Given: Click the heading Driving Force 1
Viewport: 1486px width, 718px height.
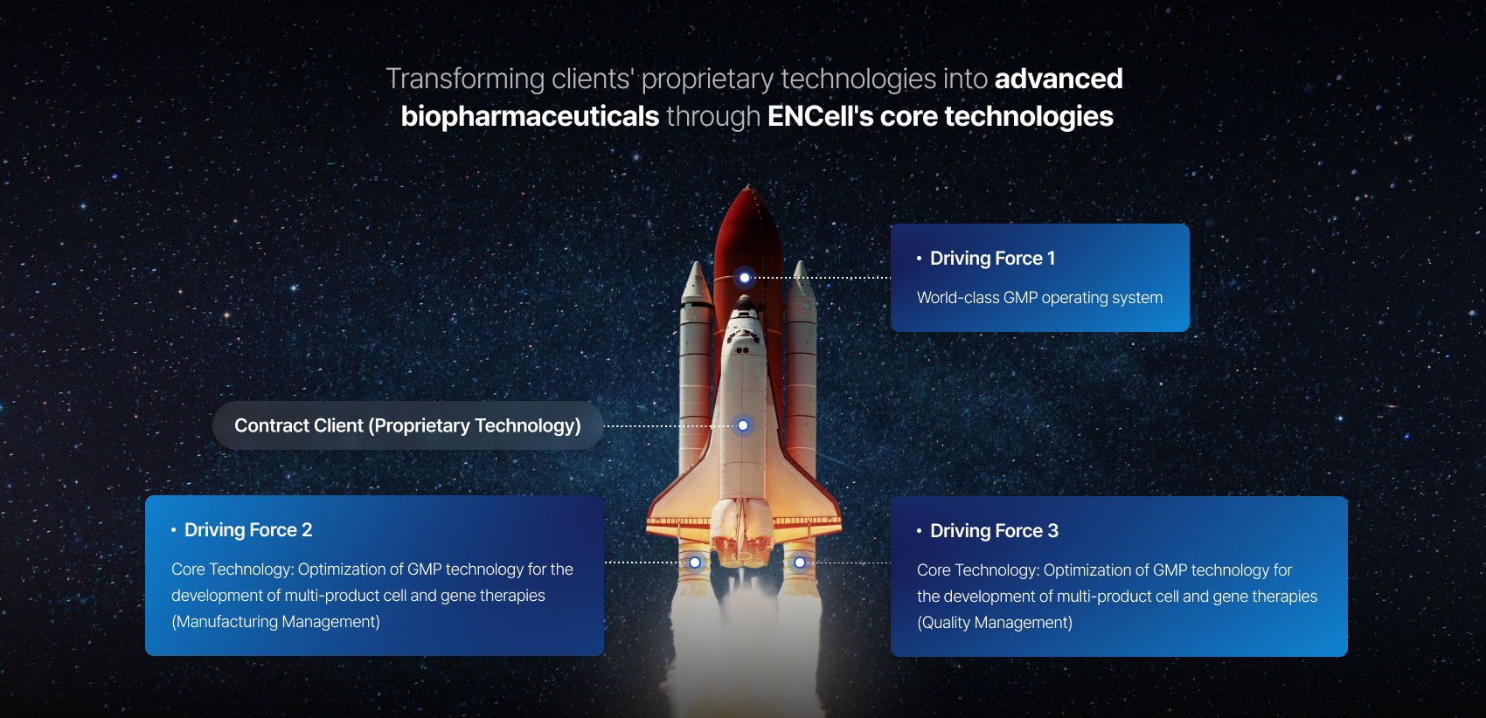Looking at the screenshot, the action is tap(992, 258).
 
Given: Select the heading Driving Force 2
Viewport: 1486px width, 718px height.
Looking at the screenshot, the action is tap(247, 529).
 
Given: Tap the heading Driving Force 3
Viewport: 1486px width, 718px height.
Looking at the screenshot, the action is tap(994, 530).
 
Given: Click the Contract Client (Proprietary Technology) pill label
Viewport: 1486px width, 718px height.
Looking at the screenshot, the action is tap(407, 425).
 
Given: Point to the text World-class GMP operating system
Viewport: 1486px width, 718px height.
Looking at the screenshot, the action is tap(1039, 298).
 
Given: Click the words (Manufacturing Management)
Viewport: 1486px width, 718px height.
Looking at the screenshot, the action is tap(276, 622).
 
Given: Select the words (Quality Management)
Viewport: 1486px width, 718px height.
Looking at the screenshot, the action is tap(995, 623).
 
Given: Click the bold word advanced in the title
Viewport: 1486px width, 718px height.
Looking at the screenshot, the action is tap(1058, 79).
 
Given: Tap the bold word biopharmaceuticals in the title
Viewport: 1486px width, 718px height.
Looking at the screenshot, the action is tap(530, 117).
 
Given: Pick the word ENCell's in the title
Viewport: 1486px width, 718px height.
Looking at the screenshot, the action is tap(820, 116).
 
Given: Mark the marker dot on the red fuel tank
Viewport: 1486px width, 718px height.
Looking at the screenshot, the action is tap(745, 278).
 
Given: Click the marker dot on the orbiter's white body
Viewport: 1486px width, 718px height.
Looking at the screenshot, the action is tap(743, 425).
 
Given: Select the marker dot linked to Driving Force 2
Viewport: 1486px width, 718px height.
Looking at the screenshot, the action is tap(695, 563).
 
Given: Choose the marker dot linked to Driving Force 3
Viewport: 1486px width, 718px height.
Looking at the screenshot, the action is tap(800, 563).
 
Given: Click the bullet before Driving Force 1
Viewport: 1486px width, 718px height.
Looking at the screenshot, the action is tap(919, 258).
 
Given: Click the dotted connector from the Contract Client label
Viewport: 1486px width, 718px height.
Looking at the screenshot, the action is tap(670, 425).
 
